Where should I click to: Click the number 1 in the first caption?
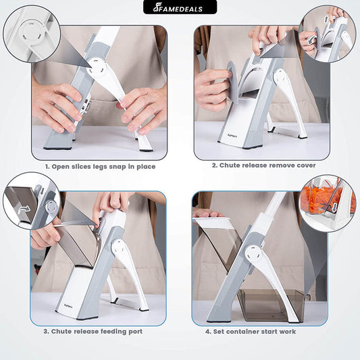(x=47, y=167)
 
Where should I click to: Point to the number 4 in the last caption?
(x=207, y=332)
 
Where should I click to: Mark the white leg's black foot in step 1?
(x=147, y=151)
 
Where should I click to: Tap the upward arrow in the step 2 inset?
(x=326, y=20)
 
